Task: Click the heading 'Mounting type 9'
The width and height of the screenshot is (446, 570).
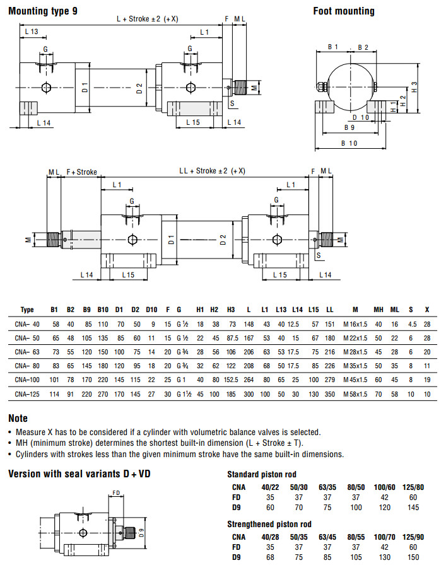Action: tap(43, 11)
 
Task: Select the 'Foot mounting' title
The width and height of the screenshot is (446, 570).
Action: tap(344, 11)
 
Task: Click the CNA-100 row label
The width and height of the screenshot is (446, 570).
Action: tap(26, 380)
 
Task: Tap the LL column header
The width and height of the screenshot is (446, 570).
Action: tap(329, 310)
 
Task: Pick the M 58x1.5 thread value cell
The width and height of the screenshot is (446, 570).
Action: tap(355, 394)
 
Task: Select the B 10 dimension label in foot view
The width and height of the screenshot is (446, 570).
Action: tap(349, 144)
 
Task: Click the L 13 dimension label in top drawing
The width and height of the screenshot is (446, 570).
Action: tap(31, 32)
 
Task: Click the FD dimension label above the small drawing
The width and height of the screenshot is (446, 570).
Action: tap(116, 493)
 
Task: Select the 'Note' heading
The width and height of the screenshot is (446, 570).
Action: tap(18, 418)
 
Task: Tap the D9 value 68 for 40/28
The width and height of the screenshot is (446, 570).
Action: tap(272, 558)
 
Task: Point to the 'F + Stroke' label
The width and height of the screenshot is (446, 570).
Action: tap(81, 172)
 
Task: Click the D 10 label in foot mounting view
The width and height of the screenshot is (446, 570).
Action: tap(361, 117)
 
